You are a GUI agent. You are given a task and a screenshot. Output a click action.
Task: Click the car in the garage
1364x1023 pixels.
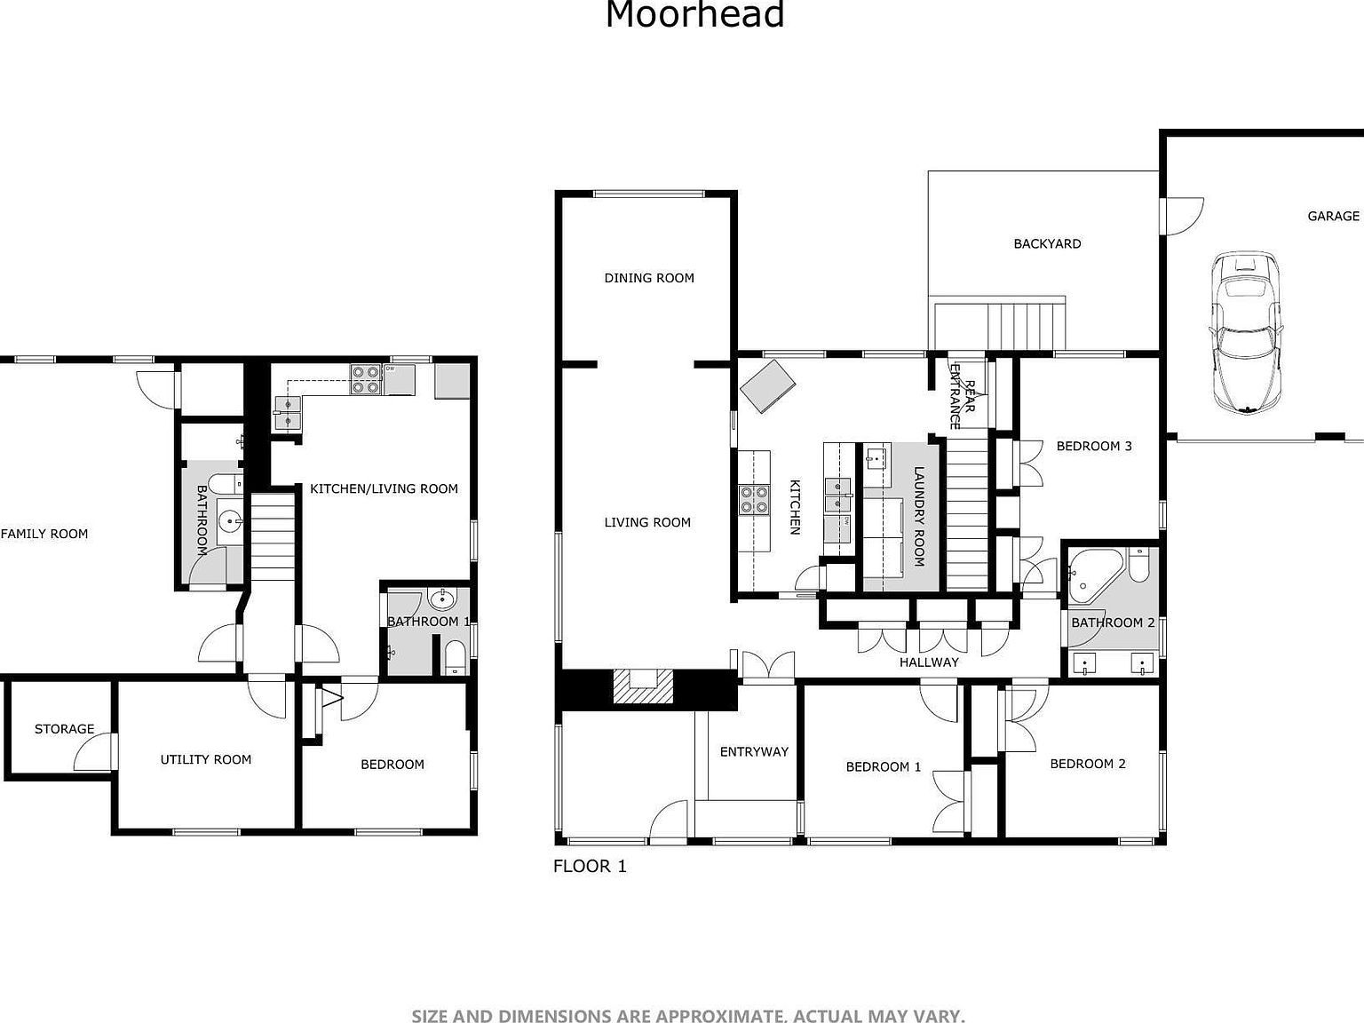(1245, 333)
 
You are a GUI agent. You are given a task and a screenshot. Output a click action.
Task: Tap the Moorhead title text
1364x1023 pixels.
(694, 15)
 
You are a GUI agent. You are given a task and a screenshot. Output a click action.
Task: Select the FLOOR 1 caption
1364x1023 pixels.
(590, 866)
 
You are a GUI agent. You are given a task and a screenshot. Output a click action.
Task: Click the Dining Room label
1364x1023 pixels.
(649, 278)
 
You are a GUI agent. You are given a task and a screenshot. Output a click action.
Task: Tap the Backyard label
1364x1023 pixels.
(1047, 243)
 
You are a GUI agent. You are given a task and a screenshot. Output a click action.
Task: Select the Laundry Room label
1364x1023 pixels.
(918, 517)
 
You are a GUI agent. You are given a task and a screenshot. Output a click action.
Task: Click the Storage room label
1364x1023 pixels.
(64, 729)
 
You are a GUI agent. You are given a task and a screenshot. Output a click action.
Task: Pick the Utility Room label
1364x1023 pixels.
(205, 759)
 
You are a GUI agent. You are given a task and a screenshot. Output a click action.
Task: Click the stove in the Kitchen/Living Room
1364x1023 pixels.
(364, 379)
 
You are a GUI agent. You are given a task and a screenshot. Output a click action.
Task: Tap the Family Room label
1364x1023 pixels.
(44, 534)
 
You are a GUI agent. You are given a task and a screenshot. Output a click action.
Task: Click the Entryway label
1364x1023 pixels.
(754, 751)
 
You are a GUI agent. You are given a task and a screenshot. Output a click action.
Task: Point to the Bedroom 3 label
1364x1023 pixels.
(1093, 446)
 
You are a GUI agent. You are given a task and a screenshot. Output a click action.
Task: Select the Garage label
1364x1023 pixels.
(1333, 216)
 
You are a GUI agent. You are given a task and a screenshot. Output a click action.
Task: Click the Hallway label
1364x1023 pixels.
(929, 662)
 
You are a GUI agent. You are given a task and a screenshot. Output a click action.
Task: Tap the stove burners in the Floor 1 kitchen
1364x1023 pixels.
(755, 500)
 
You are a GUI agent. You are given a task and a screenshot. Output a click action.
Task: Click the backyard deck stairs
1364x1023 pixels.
(1027, 327)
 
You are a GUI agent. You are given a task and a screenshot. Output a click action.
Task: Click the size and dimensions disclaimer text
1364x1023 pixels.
(687, 1016)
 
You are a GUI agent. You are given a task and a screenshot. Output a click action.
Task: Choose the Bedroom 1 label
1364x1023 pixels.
(883, 766)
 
